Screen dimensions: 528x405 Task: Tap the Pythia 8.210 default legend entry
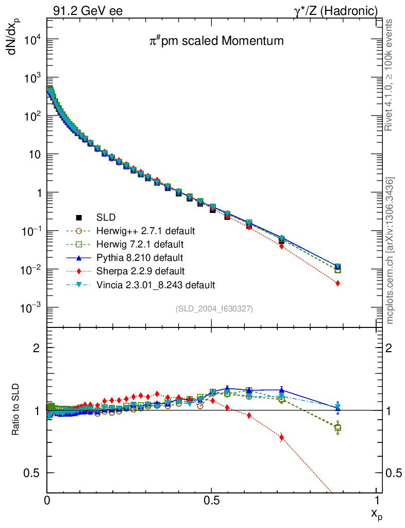click(140, 257)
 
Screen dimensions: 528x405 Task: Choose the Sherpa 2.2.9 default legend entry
click(140, 271)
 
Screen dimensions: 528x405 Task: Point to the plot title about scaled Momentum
click(213, 41)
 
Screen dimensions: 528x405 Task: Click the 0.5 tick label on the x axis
click(211, 500)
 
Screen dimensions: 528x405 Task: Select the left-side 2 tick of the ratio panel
click(37, 348)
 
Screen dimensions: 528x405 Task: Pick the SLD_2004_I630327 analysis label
click(214, 308)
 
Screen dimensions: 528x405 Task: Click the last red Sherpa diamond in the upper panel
click(337, 283)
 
